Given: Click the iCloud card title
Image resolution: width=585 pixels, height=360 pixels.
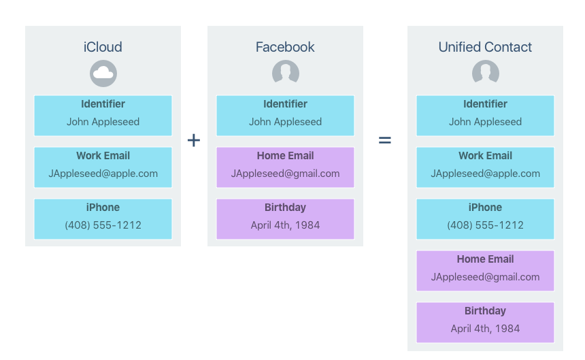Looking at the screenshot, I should click(103, 47).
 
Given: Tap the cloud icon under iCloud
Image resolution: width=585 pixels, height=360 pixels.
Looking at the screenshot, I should click(103, 73).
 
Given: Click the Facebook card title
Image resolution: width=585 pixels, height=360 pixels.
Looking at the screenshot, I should click(285, 47).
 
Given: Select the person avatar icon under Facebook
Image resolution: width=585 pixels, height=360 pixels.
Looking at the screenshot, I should click(285, 73).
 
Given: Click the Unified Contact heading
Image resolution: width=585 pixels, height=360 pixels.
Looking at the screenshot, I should click(485, 47).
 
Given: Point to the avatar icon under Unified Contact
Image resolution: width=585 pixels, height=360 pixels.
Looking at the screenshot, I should click(485, 73).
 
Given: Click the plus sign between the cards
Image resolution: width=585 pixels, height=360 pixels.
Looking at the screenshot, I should click(194, 140).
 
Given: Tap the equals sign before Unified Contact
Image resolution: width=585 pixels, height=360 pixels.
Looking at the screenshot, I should click(385, 140).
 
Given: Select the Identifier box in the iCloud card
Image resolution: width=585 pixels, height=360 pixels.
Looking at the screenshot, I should click(103, 115).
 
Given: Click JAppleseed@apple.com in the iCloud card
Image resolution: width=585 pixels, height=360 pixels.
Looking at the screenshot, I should click(103, 174).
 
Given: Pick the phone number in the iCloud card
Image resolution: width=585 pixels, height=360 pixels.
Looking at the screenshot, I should click(103, 225).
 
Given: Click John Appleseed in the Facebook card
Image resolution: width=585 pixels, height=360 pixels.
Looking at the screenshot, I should click(285, 122).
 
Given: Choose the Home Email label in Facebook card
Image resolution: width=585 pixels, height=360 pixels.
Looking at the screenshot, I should click(285, 156).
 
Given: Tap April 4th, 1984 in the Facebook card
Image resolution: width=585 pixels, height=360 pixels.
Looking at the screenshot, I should click(285, 225).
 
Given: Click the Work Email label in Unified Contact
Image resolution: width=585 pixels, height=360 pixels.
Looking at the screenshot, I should click(485, 156).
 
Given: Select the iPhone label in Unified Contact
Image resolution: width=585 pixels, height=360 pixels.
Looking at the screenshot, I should click(485, 208).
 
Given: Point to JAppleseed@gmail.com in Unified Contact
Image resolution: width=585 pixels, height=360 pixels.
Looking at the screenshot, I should click(485, 277).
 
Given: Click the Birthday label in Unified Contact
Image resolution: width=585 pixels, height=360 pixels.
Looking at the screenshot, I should click(485, 311).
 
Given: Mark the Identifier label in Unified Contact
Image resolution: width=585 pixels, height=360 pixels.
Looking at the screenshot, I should click(485, 104).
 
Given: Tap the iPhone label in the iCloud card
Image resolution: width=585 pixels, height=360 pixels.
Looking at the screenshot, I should click(103, 208).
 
